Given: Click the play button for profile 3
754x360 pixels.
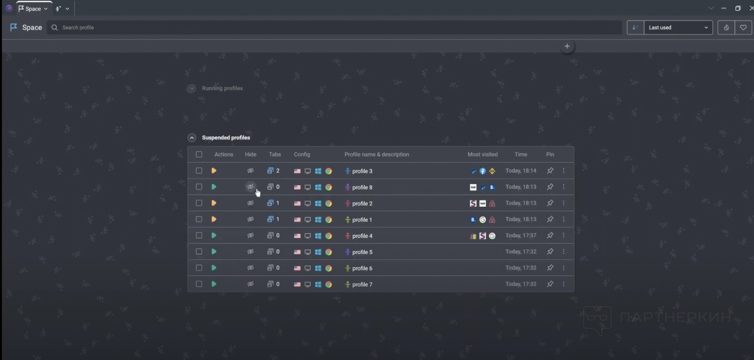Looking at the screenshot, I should click(x=214, y=171).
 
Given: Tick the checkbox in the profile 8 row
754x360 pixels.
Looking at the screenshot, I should click(x=199, y=187).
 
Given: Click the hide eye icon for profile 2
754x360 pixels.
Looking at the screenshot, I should click(x=250, y=203).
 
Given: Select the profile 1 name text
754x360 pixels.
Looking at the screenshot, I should click(x=362, y=220).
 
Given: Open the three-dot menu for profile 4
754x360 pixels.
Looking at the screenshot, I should click(x=564, y=235).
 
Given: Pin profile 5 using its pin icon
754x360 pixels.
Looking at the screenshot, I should click(x=550, y=252).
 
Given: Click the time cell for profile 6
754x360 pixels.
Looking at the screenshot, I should click(x=521, y=268).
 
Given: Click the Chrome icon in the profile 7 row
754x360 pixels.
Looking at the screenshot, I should click(x=329, y=284).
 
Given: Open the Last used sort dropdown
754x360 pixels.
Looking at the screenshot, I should click(x=678, y=28).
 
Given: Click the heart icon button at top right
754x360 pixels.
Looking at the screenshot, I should click(x=743, y=28).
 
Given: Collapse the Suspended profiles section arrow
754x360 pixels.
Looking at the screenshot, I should click(x=192, y=138).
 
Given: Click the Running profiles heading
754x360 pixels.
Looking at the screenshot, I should click(x=222, y=88).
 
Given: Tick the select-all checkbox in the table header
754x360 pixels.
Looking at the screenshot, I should click(x=199, y=154).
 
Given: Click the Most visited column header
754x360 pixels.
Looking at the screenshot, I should click(x=482, y=154).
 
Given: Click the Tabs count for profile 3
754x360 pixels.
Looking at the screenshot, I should click(x=273, y=171).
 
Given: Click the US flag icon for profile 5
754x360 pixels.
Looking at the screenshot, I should click(x=297, y=252).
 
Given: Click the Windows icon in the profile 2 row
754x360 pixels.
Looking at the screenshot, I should click(x=318, y=204).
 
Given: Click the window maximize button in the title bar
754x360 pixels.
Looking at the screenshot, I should click(x=738, y=8).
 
